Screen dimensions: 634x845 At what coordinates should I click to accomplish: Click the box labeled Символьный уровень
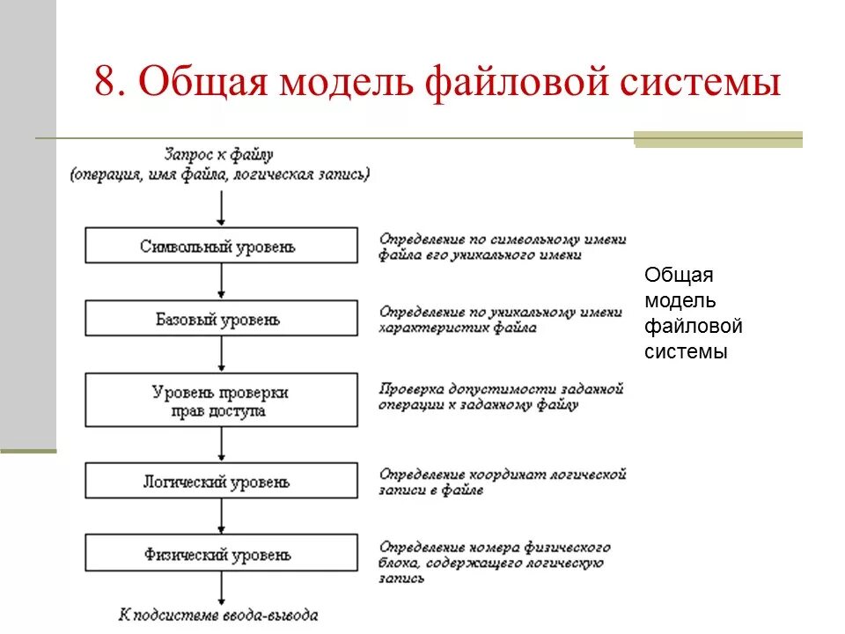click(x=221, y=246)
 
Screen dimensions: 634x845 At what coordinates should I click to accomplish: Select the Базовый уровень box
click(x=221, y=319)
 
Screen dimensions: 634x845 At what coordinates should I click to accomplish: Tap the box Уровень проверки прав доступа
click(x=221, y=401)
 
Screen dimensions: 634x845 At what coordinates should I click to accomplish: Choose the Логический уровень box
click(x=221, y=483)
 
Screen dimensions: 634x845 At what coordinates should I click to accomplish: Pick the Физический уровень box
click(x=221, y=555)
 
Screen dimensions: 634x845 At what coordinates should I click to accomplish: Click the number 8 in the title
click(x=105, y=85)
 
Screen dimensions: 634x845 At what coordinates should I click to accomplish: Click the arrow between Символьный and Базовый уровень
click(x=221, y=282)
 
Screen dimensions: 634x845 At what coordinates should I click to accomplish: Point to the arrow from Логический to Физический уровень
click(x=221, y=518)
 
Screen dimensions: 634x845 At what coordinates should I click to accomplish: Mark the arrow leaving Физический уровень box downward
click(x=221, y=589)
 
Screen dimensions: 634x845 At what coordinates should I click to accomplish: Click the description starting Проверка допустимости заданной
click(x=502, y=397)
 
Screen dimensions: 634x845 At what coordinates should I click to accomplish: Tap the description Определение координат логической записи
click(x=502, y=482)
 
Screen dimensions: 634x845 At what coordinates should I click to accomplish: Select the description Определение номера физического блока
click(x=493, y=562)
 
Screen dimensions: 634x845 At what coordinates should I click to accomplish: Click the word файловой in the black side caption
click(x=693, y=327)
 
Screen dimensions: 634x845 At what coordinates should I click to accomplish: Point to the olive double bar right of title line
click(x=718, y=139)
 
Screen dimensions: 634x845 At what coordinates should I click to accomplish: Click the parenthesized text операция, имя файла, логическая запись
click(x=220, y=173)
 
